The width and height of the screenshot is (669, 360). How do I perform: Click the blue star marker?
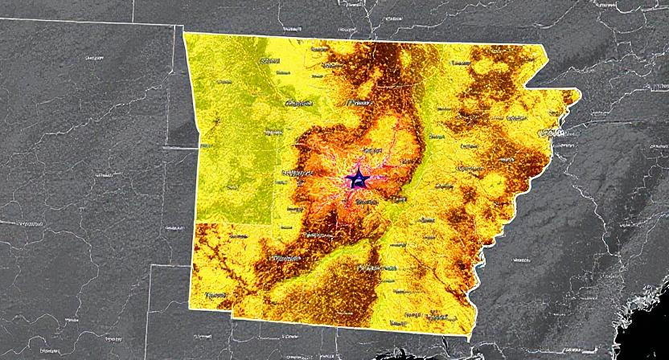point(357,179)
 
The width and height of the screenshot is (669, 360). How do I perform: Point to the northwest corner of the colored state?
point(184,33)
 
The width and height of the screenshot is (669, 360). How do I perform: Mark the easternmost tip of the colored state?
point(580,93)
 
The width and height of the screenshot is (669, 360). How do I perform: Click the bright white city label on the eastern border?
point(553,131)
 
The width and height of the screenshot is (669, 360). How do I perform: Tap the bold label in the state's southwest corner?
point(215,296)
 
